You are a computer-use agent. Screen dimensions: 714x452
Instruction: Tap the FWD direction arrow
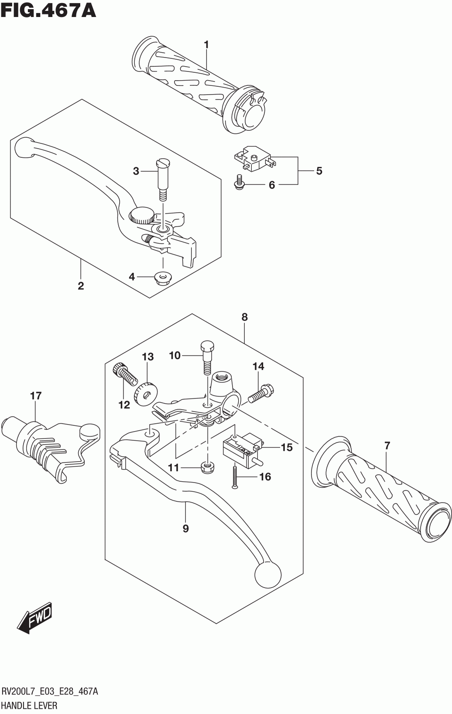pyautogui.click(x=37, y=618)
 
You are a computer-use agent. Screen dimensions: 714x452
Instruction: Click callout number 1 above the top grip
pyautogui.click(x=206, y=44)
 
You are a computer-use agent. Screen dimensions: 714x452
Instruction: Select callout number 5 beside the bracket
pyautogui.click(x=319, y=171)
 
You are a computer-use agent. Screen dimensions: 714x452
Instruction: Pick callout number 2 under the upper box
pyautogui.click(x=81, y=286)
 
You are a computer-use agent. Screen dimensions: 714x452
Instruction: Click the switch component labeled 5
pyautogui.click(x=253, y=158)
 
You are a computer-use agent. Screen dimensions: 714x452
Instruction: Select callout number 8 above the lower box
pyautogui.click(x=244, y=317)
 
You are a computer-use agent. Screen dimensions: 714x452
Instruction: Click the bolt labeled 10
pyautogui.click(x=207, y=358)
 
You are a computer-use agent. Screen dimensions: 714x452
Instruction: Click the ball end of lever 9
pyautogui.click(x=267, y=575)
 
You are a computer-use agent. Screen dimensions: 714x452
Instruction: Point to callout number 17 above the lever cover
pyautogui.click(x=36, y=396)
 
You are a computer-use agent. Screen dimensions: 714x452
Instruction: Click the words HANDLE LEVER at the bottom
pyautogui.click(x=30, y=705)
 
